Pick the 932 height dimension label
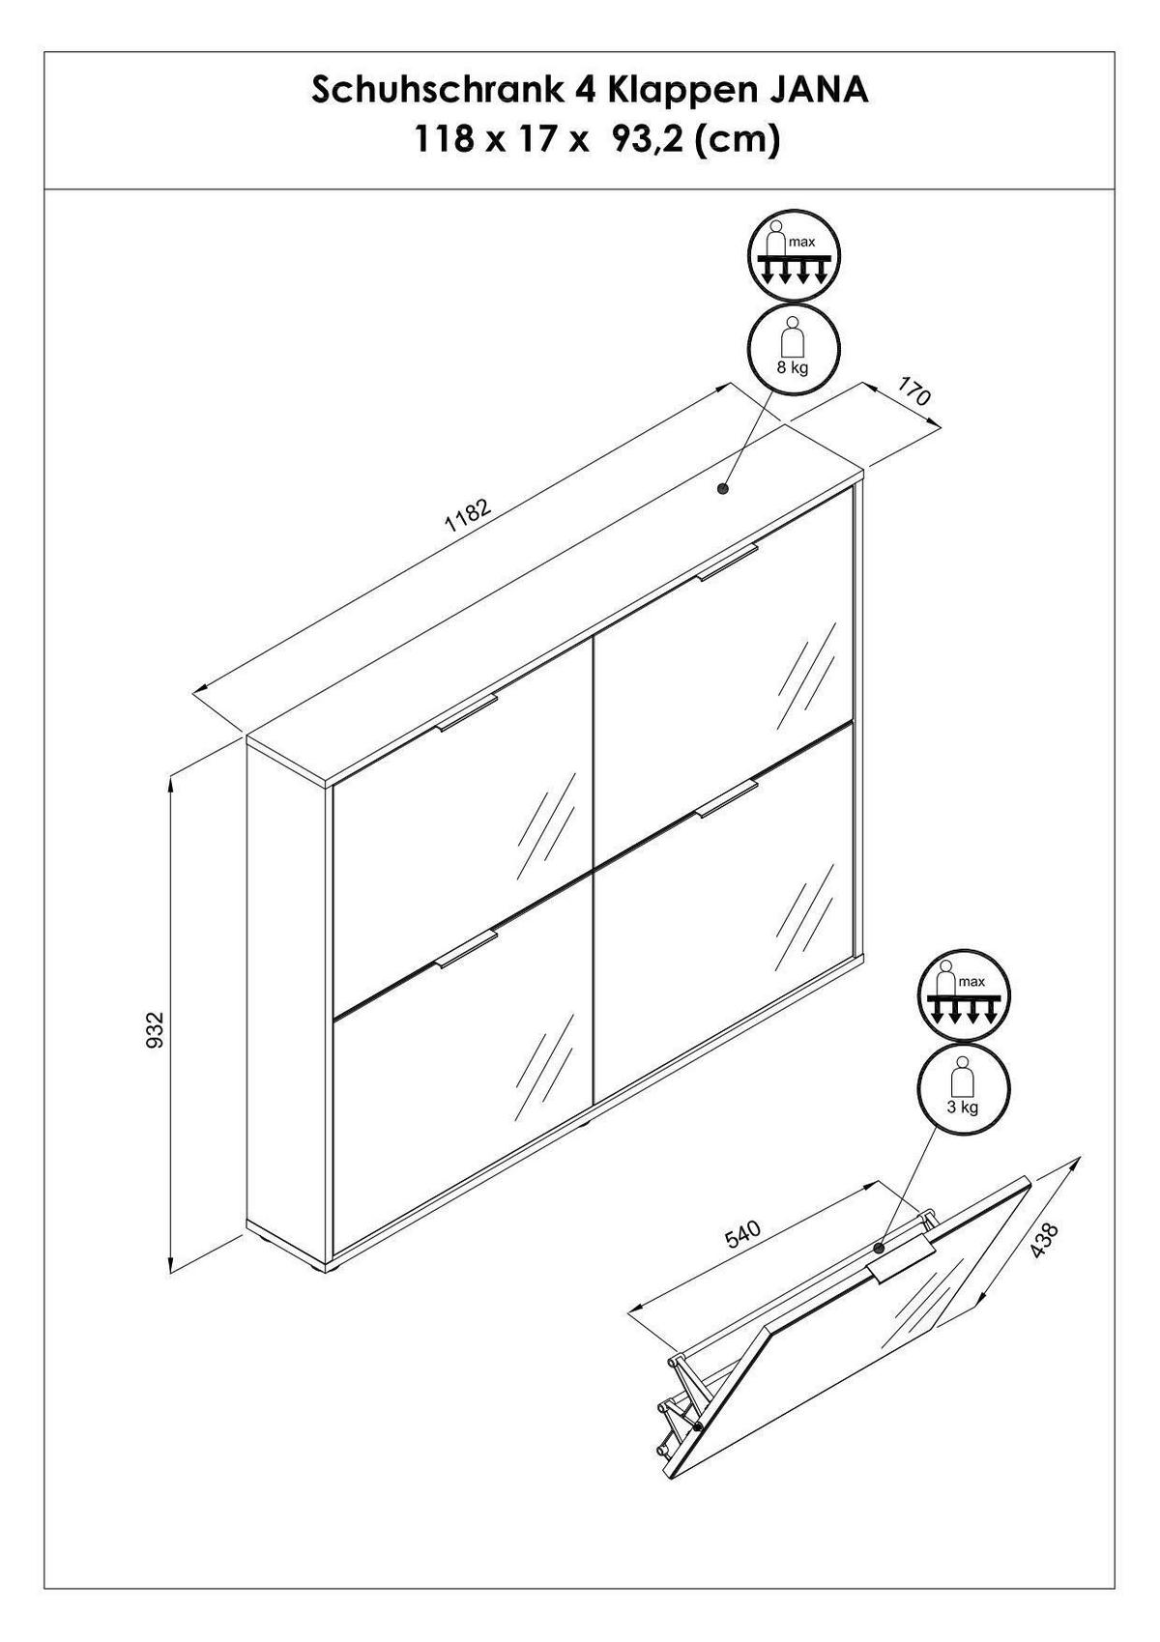point(155,1029)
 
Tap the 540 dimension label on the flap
point(745,1234)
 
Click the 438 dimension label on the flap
point(1044,1241)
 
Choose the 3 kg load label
point(963,1108)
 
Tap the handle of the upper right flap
point(727,563)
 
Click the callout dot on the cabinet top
point(723,488)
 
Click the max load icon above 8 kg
point(794,259)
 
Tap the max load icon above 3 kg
point(964,998)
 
